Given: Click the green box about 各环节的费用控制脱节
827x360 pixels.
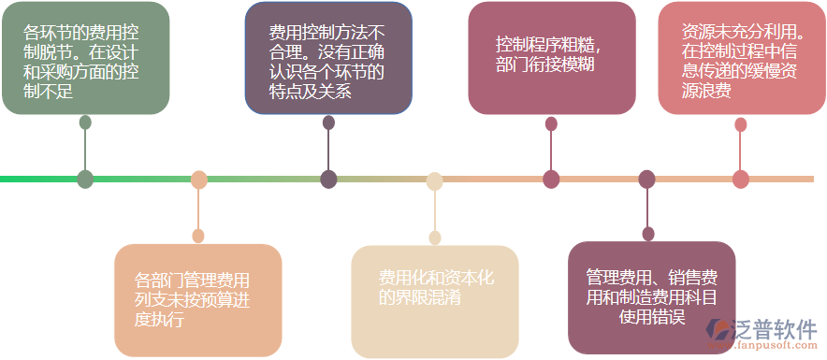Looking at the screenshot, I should (x=85, y=58).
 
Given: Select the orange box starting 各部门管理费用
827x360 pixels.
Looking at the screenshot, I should (x=197, y=299).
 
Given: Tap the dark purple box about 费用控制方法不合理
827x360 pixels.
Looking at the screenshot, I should (x=327, y=58).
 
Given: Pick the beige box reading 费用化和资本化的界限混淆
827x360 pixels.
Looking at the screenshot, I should (x=434, y=301).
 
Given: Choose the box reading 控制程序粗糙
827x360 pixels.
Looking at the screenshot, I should (x=551, y=58).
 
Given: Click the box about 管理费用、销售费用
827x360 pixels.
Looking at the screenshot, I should (x=651, y=297).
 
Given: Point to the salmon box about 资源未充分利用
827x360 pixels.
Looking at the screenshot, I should (x=741, y=58).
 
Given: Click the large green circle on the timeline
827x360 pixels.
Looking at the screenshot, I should (x=85, y=179).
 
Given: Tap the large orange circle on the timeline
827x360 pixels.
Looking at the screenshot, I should (x=198, y=180).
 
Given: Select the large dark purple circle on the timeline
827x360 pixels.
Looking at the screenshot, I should (x=328, y=180).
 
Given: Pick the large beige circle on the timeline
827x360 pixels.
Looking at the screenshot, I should (x=434, y=180).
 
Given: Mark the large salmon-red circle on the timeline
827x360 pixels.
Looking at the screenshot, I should (x=741, y=180).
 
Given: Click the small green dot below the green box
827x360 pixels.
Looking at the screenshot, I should (x=85, y=122).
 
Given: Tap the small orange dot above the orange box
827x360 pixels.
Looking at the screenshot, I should (x=198, y=236).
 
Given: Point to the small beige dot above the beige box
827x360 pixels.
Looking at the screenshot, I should (x=434, y=238).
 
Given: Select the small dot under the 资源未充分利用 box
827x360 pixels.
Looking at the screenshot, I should (x=741, y=123).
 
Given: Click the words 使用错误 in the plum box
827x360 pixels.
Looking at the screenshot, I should (x=652, y=317).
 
